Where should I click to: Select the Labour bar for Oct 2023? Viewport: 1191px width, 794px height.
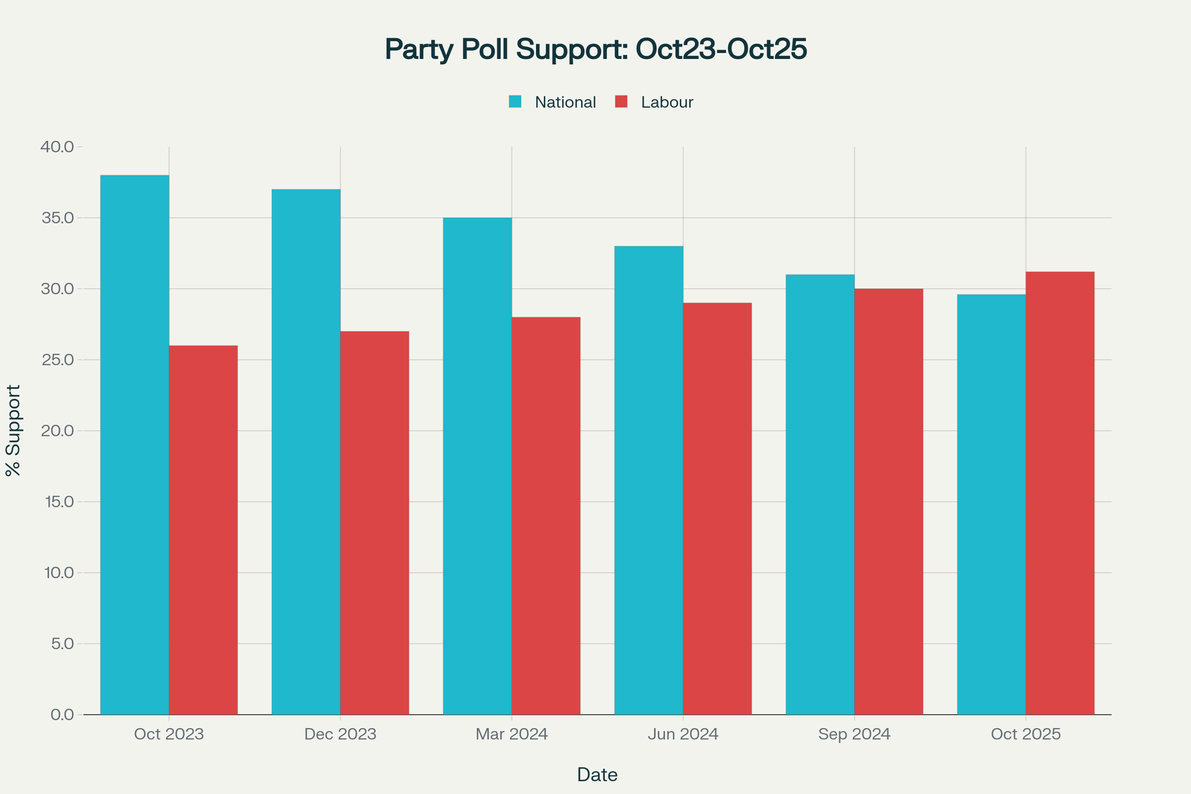tap(203, 530)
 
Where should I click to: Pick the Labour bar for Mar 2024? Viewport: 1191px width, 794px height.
tap(546, 515)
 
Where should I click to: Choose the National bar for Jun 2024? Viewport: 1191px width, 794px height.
tap(648, 480)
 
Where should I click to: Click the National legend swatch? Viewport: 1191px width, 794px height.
tap(515, 102)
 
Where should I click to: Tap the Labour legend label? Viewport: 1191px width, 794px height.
tap(667, 102)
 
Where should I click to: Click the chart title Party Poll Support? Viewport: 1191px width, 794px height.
tap(595, 49)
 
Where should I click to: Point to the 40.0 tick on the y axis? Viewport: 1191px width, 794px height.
tap(58, 147)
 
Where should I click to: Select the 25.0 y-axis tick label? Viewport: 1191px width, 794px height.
tap(58, 360)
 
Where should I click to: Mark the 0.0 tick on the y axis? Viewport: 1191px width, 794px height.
tap(62, 714)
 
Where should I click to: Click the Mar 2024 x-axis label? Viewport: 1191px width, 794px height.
tap(512, 734)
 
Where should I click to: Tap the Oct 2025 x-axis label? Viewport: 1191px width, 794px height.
tap(1025, 734)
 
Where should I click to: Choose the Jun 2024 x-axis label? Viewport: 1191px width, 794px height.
tap(683, 734)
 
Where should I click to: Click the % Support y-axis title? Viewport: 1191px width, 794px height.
tap(13, 430)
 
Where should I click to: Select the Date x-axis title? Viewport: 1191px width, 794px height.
tap(597, 774)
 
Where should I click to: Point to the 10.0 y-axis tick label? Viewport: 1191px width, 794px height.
tap(58, 572)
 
